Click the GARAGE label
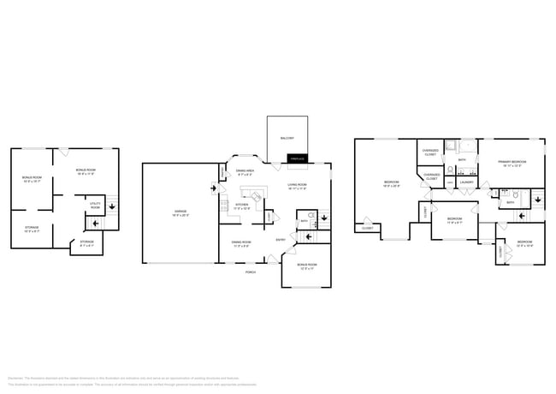180,211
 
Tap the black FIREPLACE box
297,158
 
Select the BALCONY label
287,138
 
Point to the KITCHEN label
242,205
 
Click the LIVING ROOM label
298,185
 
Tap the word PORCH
251,272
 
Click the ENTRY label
281,240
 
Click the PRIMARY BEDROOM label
512,162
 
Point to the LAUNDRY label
467,182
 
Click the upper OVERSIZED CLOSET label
430,152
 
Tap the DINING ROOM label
241,242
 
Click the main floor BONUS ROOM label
307,266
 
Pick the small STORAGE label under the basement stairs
87,242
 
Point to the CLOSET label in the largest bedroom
367,228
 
